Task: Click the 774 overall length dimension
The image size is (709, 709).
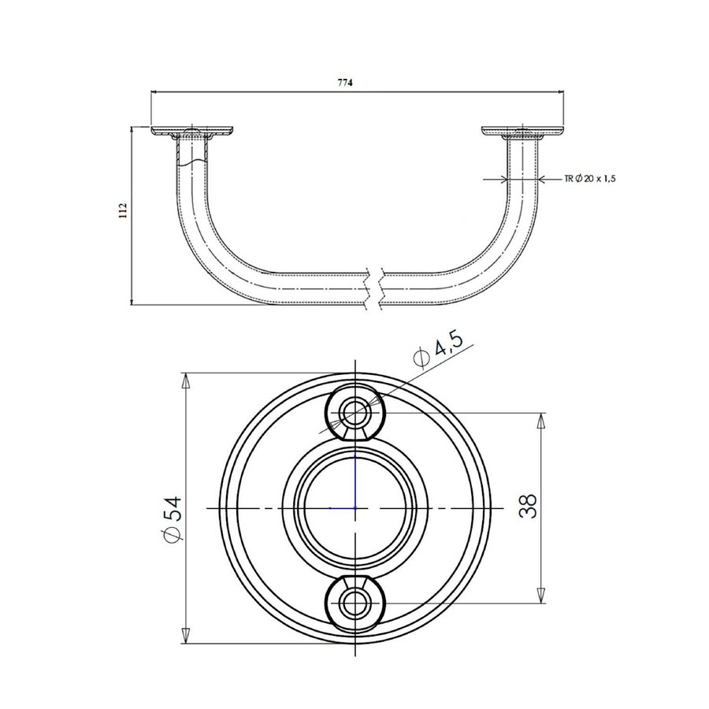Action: [x=345, y=82]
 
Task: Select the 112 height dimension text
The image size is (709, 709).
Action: [x=124, y=210]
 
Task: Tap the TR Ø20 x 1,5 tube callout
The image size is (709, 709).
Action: [x=589, y=179]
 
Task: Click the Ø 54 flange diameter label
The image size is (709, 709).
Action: [x=172, y=518]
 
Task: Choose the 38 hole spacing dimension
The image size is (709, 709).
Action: [x=528, y=506]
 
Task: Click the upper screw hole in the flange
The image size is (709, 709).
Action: [x=355, y=412]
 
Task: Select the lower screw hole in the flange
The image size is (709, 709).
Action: [x=355, y=603]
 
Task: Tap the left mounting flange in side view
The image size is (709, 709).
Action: [x=192, y=132]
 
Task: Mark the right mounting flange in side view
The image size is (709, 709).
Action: [x=523, y=132]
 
